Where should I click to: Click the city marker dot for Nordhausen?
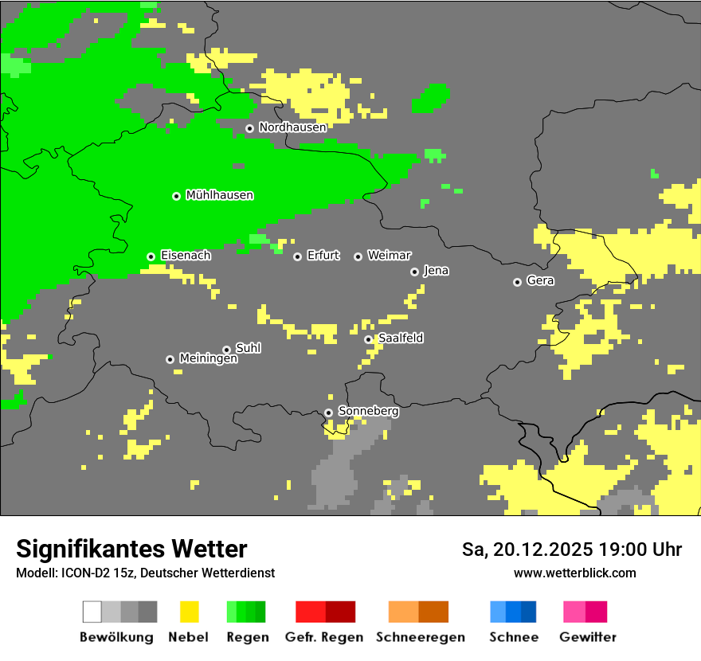tap(249, 128)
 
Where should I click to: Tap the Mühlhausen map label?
tap(219, 195)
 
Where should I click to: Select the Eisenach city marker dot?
tap(151, 256)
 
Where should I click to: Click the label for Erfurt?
tap(323, 256)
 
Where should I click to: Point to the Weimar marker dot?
tap(358, 256)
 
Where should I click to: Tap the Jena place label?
tap(436, 271)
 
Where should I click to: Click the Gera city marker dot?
tap(517, 282)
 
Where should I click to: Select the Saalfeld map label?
tap(400, 338)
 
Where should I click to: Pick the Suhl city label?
tap(248, 348)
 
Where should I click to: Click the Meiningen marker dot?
tap(170, 359)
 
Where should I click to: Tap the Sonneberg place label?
tap(368, 411)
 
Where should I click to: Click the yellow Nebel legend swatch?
tap(190, 612)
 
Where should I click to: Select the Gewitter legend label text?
tap(587, 637)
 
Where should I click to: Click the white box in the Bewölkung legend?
tap(92, 612)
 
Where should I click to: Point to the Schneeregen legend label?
tap(420, 637)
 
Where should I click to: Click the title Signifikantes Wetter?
tap(131, 549)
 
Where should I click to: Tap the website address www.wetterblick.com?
tap(574, 573)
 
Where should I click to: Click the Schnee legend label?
tap(513, 637)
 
